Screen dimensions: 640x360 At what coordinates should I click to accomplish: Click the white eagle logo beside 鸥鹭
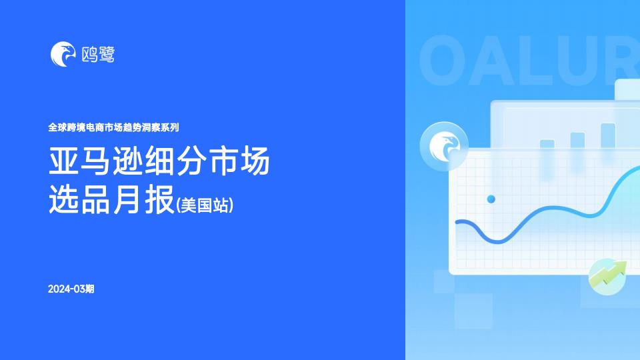tap(63, 54)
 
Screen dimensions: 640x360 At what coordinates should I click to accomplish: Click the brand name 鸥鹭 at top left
tap(99, 54)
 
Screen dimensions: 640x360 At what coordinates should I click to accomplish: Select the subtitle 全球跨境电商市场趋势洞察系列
tap(113, 127)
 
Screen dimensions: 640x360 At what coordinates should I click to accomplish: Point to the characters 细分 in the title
tap(175, 161)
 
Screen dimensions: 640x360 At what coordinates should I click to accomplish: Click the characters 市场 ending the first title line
tap(239, 161)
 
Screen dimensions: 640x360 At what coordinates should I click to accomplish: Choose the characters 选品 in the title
tap(79, 199)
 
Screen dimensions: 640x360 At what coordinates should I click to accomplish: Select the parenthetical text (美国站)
tap(205, 205)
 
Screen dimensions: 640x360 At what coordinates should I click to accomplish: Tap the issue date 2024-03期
tap(71, 289)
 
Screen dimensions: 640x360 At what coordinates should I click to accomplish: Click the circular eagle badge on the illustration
tap(444, 146)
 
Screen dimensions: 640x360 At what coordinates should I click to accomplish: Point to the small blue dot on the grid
tap(491, 199)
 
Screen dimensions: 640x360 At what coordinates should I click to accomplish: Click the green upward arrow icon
tap(607, 276)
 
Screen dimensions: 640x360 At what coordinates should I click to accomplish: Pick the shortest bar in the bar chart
tap(547, 144)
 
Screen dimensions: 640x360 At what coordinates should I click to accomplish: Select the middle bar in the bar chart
tap(577, 141)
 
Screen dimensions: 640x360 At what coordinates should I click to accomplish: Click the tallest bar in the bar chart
tap(608, 136)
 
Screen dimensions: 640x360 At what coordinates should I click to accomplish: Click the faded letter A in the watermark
tap(493, 61)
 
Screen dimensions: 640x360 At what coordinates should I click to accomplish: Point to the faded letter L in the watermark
tap(539, 61)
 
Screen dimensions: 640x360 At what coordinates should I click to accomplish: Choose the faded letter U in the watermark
tap(584, 61)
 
